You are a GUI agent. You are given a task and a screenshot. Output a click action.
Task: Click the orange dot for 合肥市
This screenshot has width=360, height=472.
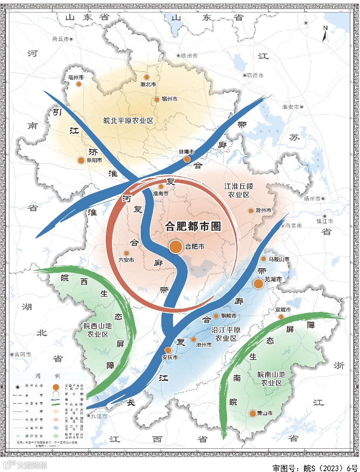click(176, 246)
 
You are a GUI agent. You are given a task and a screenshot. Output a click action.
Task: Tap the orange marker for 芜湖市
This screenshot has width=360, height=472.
click(259, 284)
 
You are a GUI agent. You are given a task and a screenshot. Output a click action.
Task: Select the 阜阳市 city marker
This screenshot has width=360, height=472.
click(81, 160)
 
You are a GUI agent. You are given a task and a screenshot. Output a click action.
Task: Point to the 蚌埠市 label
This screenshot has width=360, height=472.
click(186, 151)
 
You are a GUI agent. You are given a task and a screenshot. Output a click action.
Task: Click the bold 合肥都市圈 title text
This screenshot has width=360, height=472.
click(193, 226)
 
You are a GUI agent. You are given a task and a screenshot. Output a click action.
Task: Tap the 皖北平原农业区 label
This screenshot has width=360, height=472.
click(128, 121)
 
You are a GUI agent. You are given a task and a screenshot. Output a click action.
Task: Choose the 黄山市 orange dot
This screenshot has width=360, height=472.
click(253, 413)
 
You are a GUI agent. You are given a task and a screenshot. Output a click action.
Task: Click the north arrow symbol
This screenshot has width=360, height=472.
click(325, 33)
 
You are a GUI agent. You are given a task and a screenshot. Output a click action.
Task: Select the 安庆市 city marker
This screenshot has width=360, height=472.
click(168, 350)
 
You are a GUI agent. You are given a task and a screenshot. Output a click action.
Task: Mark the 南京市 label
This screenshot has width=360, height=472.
click(294, 226)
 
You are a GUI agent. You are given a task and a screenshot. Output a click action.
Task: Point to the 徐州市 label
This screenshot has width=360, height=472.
click(189, 56)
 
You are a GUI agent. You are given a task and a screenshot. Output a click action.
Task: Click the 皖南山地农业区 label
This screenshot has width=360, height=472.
click(271, 378)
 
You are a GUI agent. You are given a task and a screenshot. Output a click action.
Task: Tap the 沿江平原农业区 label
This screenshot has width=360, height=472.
click(226, 334)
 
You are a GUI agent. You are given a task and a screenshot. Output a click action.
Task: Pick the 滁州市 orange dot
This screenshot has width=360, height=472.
click(251, 211)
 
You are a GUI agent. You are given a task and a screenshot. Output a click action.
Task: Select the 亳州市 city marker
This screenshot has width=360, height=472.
click(79, 84)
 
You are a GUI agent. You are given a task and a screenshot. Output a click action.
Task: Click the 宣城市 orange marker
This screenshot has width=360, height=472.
click(281, 317)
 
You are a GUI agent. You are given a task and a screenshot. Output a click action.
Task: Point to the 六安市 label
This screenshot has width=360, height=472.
click(126, 260)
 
